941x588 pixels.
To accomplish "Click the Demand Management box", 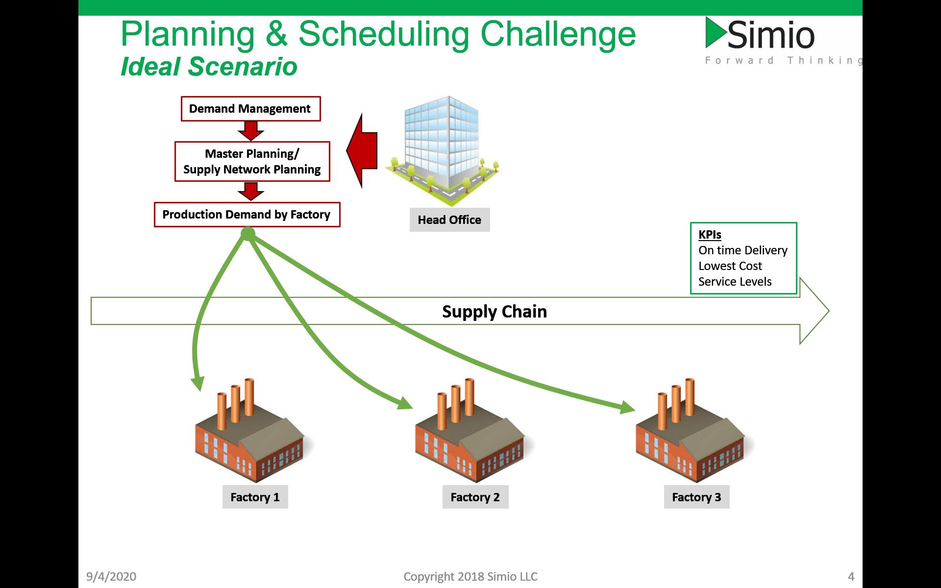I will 250,109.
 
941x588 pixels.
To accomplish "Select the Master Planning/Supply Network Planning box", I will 252,162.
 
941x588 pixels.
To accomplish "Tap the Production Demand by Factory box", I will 247,215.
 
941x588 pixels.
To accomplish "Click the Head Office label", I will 449,220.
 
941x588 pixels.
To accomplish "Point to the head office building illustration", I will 443,147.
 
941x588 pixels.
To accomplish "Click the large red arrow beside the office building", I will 363,150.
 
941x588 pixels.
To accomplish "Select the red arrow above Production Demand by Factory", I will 251,191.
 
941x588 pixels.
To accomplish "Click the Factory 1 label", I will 255,497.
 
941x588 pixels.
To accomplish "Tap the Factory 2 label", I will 475,497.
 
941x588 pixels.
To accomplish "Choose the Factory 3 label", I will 696,497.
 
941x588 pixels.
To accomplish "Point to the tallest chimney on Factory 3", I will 690,397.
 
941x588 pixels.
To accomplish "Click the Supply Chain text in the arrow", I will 494,312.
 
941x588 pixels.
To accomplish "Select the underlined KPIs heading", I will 710,235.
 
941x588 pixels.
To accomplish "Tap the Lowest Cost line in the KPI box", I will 730,266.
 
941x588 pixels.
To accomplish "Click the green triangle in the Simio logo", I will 715,33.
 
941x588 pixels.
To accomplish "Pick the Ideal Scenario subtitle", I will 209,67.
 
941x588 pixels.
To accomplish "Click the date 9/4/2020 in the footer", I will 111,577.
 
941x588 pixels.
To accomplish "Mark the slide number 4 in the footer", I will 851,577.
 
